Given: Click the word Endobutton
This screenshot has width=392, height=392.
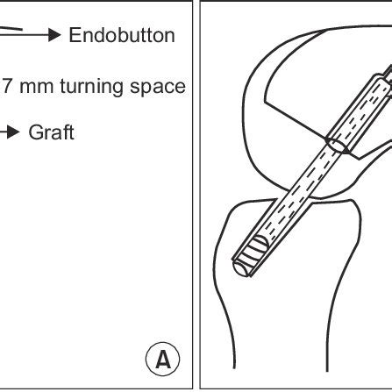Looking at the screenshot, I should tap(121, 35).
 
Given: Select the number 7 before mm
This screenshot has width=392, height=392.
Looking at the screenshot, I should tap(7, 86).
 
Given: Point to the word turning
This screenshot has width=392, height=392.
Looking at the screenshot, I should tap(91, 86).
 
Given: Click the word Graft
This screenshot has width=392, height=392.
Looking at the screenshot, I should tap(52, 133).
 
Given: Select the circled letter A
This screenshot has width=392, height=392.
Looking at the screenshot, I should tap(165, 359).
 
